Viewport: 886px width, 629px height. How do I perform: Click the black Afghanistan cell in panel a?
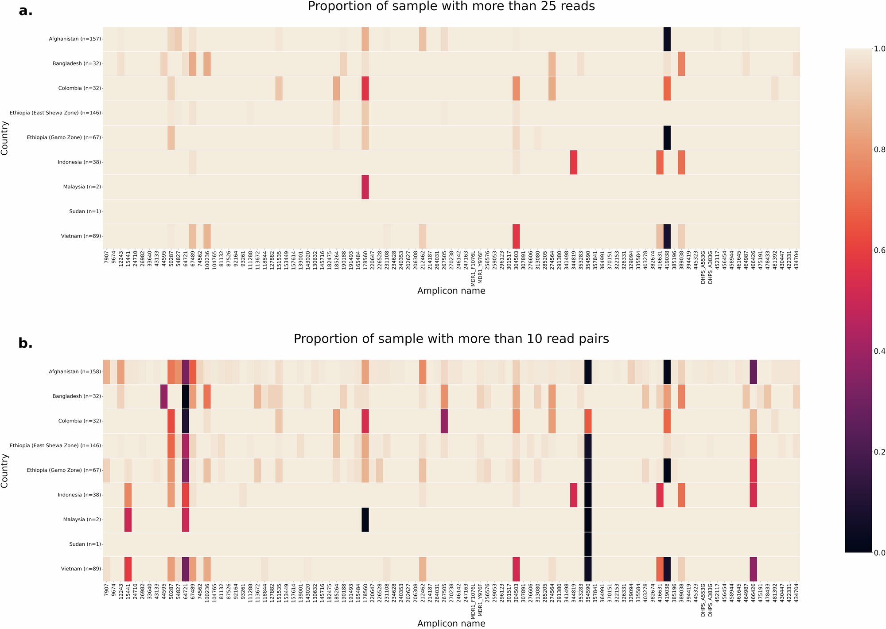667,39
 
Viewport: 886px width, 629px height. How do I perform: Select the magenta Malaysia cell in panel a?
365,187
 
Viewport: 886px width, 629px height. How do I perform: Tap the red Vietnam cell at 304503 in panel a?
516,236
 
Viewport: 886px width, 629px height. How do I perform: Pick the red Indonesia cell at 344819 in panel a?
573,162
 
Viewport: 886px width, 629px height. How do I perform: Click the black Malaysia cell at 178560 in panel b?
365,520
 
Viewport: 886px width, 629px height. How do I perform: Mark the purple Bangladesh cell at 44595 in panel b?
163,396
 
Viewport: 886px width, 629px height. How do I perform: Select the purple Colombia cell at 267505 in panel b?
444,421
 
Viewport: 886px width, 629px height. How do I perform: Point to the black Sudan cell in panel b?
588,544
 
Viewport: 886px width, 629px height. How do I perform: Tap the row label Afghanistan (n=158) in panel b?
74,371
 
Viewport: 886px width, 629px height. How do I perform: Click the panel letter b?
26,343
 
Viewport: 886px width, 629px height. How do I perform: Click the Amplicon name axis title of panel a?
451,291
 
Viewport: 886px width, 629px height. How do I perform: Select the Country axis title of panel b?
5,470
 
